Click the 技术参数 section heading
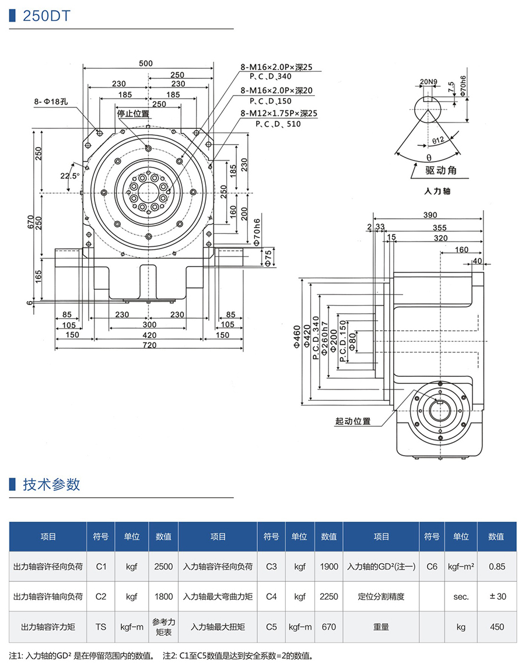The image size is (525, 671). tap(51, 484)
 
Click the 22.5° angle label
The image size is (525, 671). tap(69, 176)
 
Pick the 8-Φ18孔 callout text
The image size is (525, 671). tap(51, 102)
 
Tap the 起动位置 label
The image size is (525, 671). tap(353, 420)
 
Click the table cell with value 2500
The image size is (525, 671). tap(164, 566)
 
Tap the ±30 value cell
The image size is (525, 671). tap(496, 596)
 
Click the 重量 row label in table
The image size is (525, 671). tap(381, 627)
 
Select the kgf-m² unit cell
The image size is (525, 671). tap(460, 566)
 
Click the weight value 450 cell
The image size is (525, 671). tap(496, 627)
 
